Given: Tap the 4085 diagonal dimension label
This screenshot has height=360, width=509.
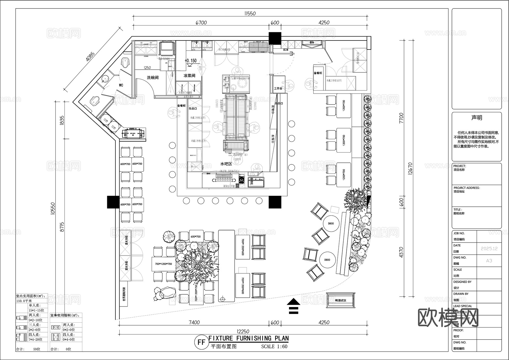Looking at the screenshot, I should pos(90,59).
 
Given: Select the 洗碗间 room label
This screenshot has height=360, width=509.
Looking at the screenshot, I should pos(152,78).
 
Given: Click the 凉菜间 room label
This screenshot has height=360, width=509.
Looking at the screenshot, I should pos(189,76).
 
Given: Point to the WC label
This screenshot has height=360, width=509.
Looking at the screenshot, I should pos(121,85).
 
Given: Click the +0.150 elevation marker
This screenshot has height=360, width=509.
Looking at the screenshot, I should pos(191,61).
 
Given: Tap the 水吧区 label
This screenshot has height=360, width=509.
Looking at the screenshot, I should pos(226,164).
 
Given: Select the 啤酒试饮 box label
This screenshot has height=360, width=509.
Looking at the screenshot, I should pos(341,301).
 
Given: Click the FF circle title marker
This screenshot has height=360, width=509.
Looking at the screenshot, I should pos(201,342).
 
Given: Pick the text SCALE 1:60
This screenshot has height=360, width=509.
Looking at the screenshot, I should pos(274,346).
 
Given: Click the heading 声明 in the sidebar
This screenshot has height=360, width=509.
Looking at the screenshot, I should pos(476,118).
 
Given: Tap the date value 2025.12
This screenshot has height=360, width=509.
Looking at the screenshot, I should pos(489,249).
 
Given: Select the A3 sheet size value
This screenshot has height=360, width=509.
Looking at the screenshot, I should pos(489,261).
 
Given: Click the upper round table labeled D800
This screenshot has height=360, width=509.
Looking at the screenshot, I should pos(331,224).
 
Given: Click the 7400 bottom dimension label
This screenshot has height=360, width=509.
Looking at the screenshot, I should pos(194,322).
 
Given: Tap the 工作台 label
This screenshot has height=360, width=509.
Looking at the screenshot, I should pos(278,89).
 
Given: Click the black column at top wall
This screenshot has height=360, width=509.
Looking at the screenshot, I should pos(275,38).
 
